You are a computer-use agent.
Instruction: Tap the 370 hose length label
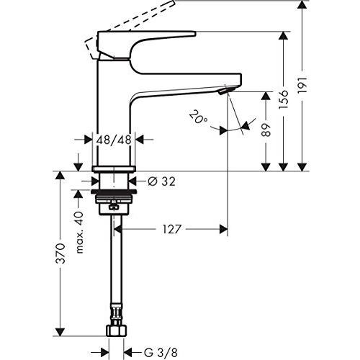(x=62, y=253)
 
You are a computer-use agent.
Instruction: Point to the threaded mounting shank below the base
(x=113, y=192)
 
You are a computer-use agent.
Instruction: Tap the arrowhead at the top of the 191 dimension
(x=303, y=6)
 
